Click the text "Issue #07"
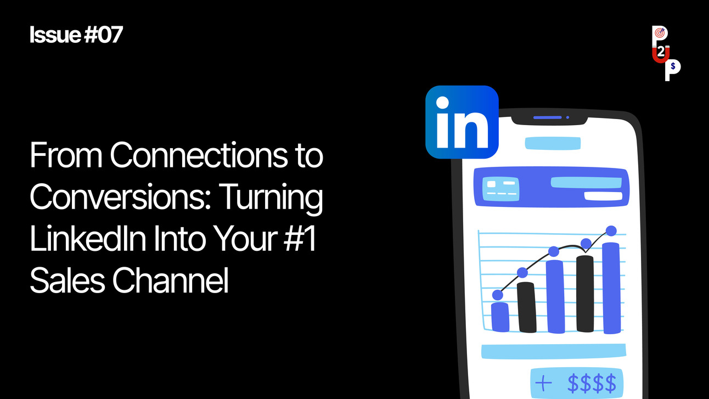76,35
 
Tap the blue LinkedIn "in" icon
462,122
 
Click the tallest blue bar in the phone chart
611,288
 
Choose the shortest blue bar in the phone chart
499,317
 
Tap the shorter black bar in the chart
526,307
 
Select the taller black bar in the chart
585,294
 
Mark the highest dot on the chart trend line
611,231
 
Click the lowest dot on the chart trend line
498,295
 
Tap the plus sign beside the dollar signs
543,382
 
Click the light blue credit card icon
501,189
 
